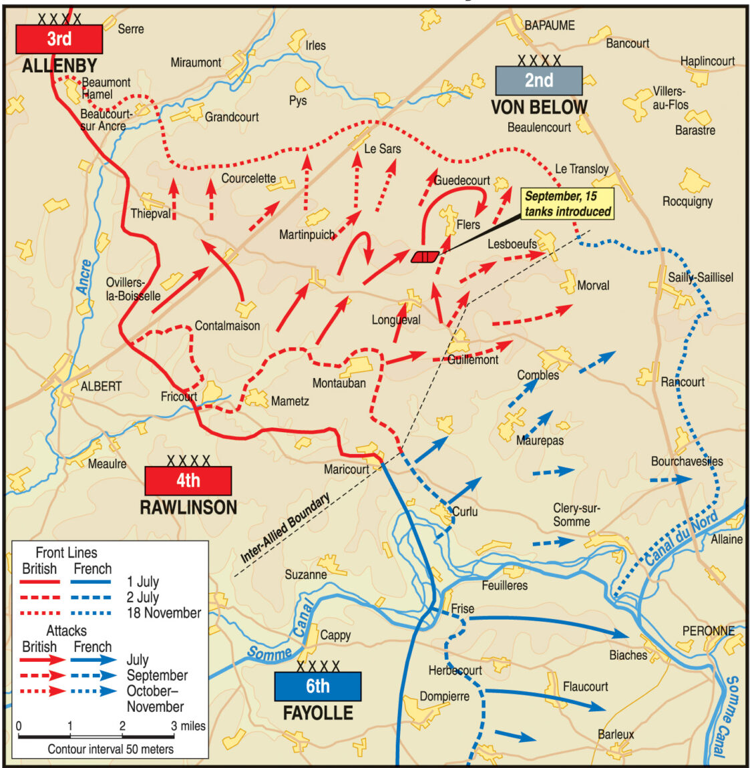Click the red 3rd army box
pos(59,39)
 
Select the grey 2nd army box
pos(538,80)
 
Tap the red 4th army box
pos(188,480)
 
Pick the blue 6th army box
pos(317,686)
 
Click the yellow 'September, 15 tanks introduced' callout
pos(568,204)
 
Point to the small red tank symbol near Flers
pos(425,256)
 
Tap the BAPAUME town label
pos(549,25)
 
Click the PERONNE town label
pos(708,630)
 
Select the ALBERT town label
pos(101,386)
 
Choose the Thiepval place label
pos(150,214)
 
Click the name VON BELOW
pos(539,108)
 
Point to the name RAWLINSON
pos(188,508)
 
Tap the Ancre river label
pos(83,277)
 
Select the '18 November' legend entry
pos(164,612)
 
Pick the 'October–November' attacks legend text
pos(155,699)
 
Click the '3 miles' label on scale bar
pos(188,726)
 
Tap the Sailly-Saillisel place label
pos(700,277)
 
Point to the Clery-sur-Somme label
pos(576,515)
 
